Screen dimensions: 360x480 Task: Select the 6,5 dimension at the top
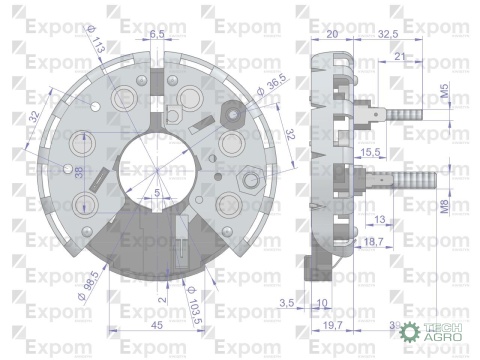(x=157, y=34)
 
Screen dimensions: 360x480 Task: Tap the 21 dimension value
(x=401, y=57)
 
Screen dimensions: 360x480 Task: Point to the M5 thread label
(x=444, y=94)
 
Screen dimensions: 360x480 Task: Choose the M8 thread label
(x=444, y=209)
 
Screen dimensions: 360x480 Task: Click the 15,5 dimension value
(x=369, y=151)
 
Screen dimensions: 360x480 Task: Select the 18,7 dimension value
(x=372, y=242)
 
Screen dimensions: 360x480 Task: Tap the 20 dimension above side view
(x=332, y=33)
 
